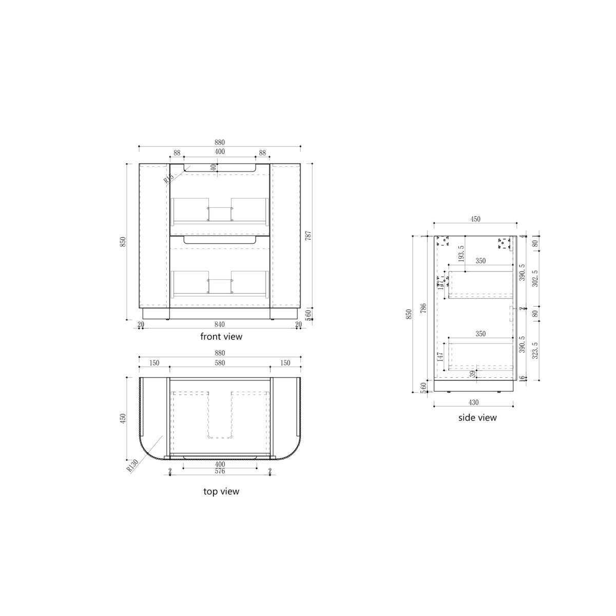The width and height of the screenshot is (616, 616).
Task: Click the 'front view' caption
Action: (x=221, y=337)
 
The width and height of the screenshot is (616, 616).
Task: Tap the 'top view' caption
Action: (x=221, y=491)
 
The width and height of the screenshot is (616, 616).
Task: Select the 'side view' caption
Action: (x=477, y=417)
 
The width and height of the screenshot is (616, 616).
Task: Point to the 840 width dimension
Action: (x=220, y=324)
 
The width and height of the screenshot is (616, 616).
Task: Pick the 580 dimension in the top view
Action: (x=220, y=363)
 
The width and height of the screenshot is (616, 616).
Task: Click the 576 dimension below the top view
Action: (x=220, y=471)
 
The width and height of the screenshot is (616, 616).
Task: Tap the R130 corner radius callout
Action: (x=132, y=466)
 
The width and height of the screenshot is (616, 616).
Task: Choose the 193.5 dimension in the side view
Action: (x=461, y=254)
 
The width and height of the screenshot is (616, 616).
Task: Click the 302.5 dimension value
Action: (x=535, y=279)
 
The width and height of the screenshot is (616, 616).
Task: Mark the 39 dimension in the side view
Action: (x=473, y=374)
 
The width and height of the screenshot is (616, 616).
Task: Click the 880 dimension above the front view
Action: (x=220, y=142)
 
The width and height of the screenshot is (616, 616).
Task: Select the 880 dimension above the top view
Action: (x=220, y=353)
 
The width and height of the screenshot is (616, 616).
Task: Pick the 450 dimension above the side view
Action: (x=475, y=219)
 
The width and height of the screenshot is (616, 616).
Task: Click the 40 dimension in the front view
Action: (x=214, y=167)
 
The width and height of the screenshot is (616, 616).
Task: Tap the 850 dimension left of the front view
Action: (x=122, y=241)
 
